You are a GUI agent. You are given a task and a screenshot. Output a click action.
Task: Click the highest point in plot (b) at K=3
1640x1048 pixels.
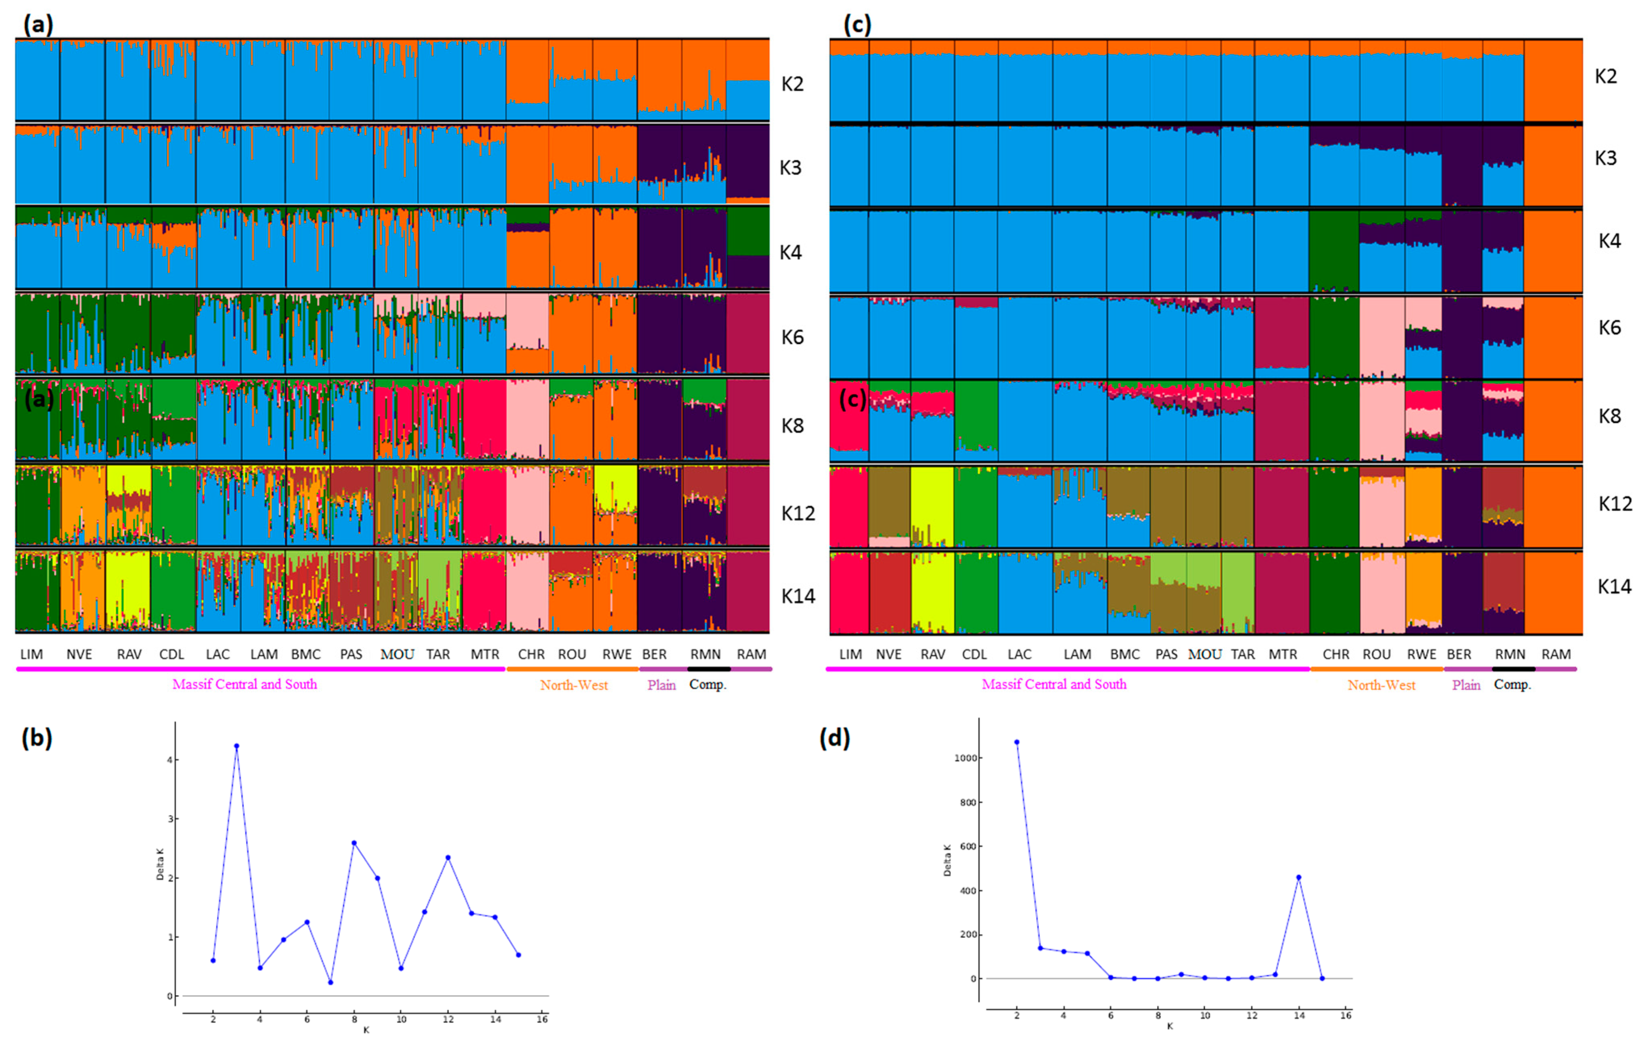pyautogui.click(x=236, y=745)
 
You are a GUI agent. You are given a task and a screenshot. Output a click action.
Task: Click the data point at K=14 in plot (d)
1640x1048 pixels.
pyautogui.click(x=1298, y=877)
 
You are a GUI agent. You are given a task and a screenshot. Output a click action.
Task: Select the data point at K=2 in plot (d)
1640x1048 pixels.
pyautogui.click(x=1016, y=741)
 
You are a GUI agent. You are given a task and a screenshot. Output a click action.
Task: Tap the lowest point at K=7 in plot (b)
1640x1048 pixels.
pyautogui.click(x=330, y=982)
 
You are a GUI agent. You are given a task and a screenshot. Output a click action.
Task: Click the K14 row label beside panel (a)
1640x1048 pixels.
pyautogui.click(x=798, y=597)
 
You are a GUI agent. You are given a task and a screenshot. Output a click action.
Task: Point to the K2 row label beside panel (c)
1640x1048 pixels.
pyautogui.click(x=1606, y=76)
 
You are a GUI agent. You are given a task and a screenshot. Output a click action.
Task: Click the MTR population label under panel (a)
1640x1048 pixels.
pyautogui.click(x=485, y=654)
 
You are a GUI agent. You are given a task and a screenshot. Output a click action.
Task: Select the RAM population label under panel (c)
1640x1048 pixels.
pyautogui.click(x=1556, y=654)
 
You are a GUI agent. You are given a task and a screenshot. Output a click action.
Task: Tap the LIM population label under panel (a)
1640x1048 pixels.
pyautogui.click(x=31, y=654)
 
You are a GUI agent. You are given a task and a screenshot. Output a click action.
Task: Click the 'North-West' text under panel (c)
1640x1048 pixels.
pyautogui.click(x=1381, y=685)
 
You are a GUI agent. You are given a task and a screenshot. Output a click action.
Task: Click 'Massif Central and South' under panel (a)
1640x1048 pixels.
pyautogui.click(x=244, y=685)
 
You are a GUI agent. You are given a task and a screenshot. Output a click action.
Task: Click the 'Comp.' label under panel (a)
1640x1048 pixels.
pyautogui.click(x=708, y=685)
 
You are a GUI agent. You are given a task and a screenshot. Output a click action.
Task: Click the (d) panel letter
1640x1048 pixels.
pyautogui.click(x=834, y=738)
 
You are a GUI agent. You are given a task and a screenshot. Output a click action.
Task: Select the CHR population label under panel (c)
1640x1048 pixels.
pyautogui.click(x=1335, y=654)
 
